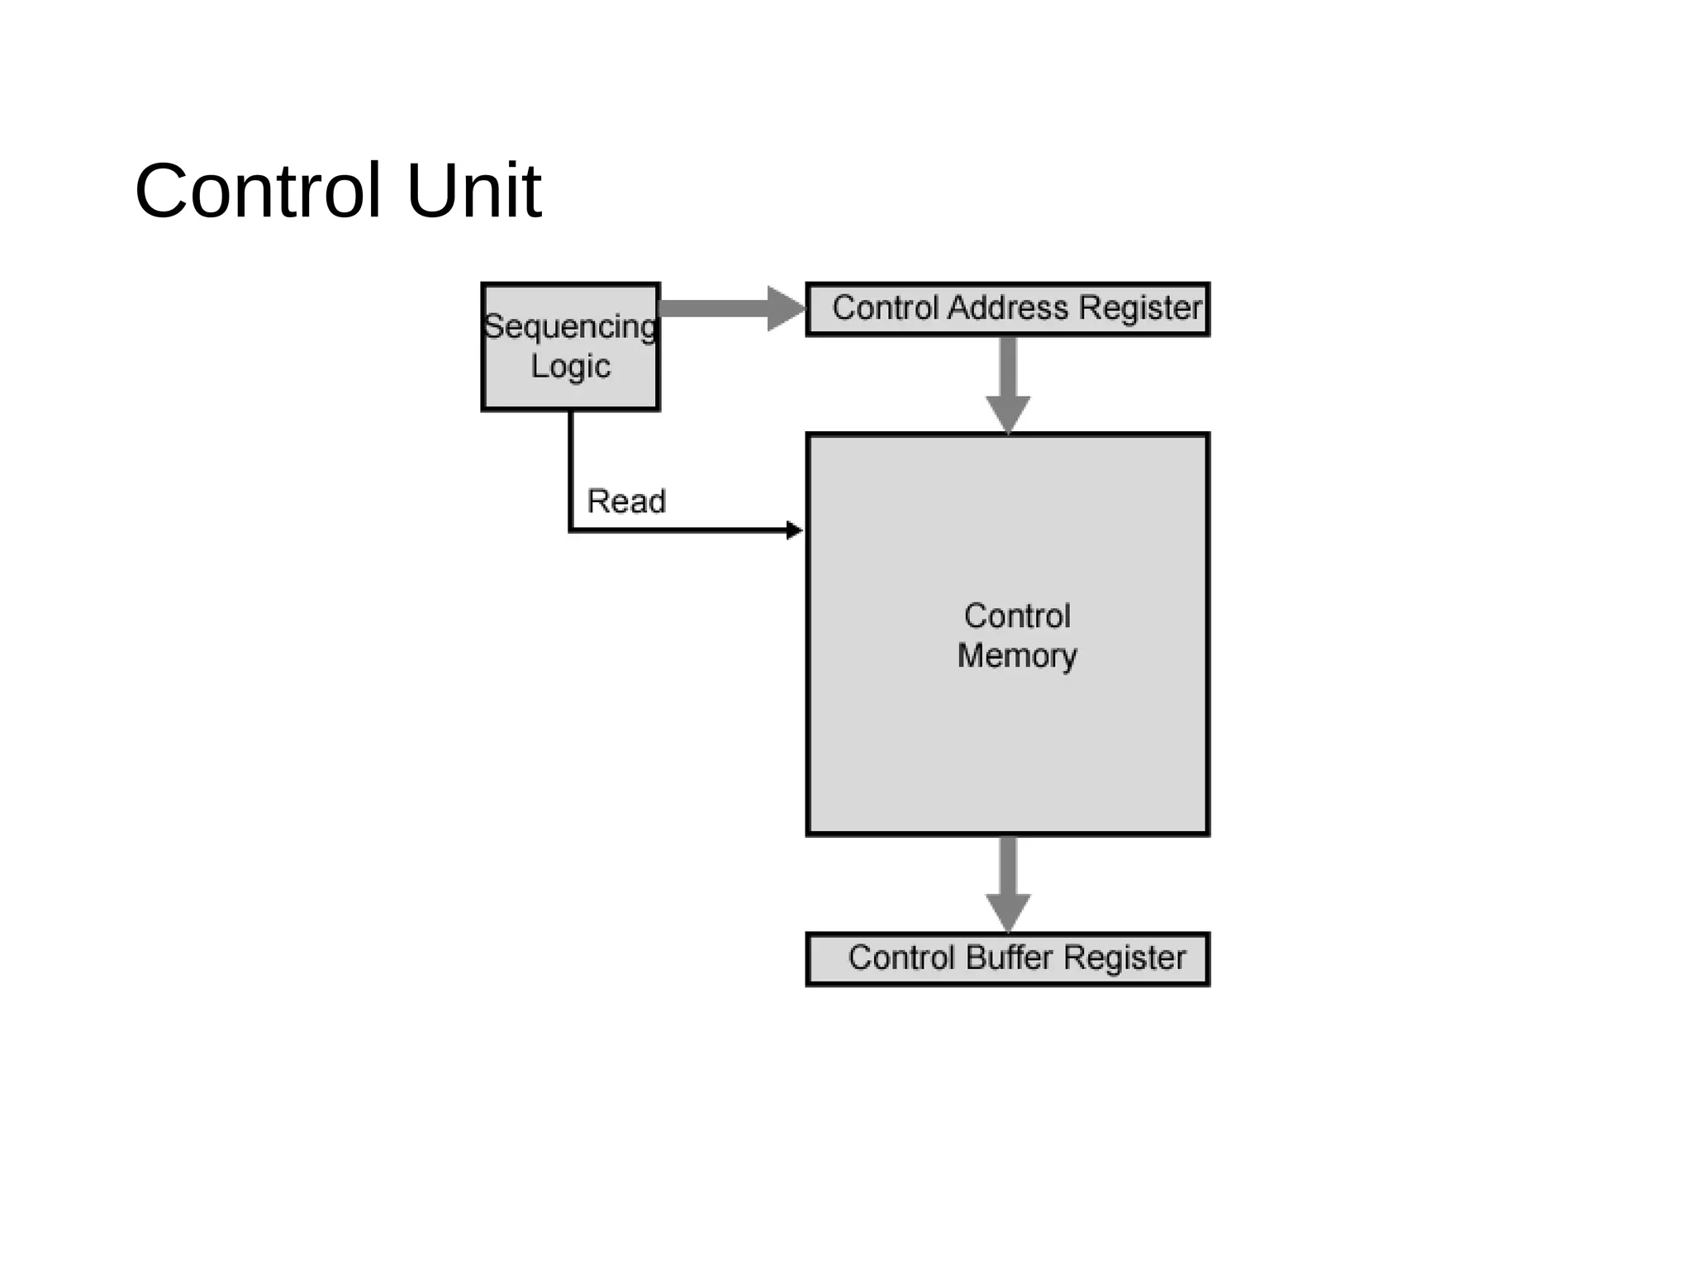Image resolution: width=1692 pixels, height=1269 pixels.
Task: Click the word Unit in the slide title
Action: pos(473,192)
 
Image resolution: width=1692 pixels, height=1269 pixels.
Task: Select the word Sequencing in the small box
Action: pos(570,327)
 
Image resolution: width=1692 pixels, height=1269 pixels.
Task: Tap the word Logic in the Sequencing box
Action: pos(570,366)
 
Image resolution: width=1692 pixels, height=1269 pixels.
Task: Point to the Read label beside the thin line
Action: pos(625,501)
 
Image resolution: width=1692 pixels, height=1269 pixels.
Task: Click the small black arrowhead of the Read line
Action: pos(794,530)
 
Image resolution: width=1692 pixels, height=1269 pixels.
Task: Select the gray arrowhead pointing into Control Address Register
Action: pos(785,309)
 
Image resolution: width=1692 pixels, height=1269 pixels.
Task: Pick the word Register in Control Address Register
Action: pos(1139,308)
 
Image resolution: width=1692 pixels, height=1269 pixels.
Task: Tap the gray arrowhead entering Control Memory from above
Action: pos(1008,413)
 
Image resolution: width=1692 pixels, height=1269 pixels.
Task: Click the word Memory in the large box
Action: pos(1016,656)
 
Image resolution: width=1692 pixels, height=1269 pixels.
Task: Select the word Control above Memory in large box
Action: pos(1016,616)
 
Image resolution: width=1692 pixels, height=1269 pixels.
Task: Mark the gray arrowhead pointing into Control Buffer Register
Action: pos(1008,911)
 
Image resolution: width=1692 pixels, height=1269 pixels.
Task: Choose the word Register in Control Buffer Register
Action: pos(1124,958)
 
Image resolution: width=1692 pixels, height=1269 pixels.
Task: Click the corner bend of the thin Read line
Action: pos(571,530)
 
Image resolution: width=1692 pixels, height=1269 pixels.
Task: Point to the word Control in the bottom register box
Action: pos(901,958)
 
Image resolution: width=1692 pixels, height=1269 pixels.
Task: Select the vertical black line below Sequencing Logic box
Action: pos(571,467)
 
